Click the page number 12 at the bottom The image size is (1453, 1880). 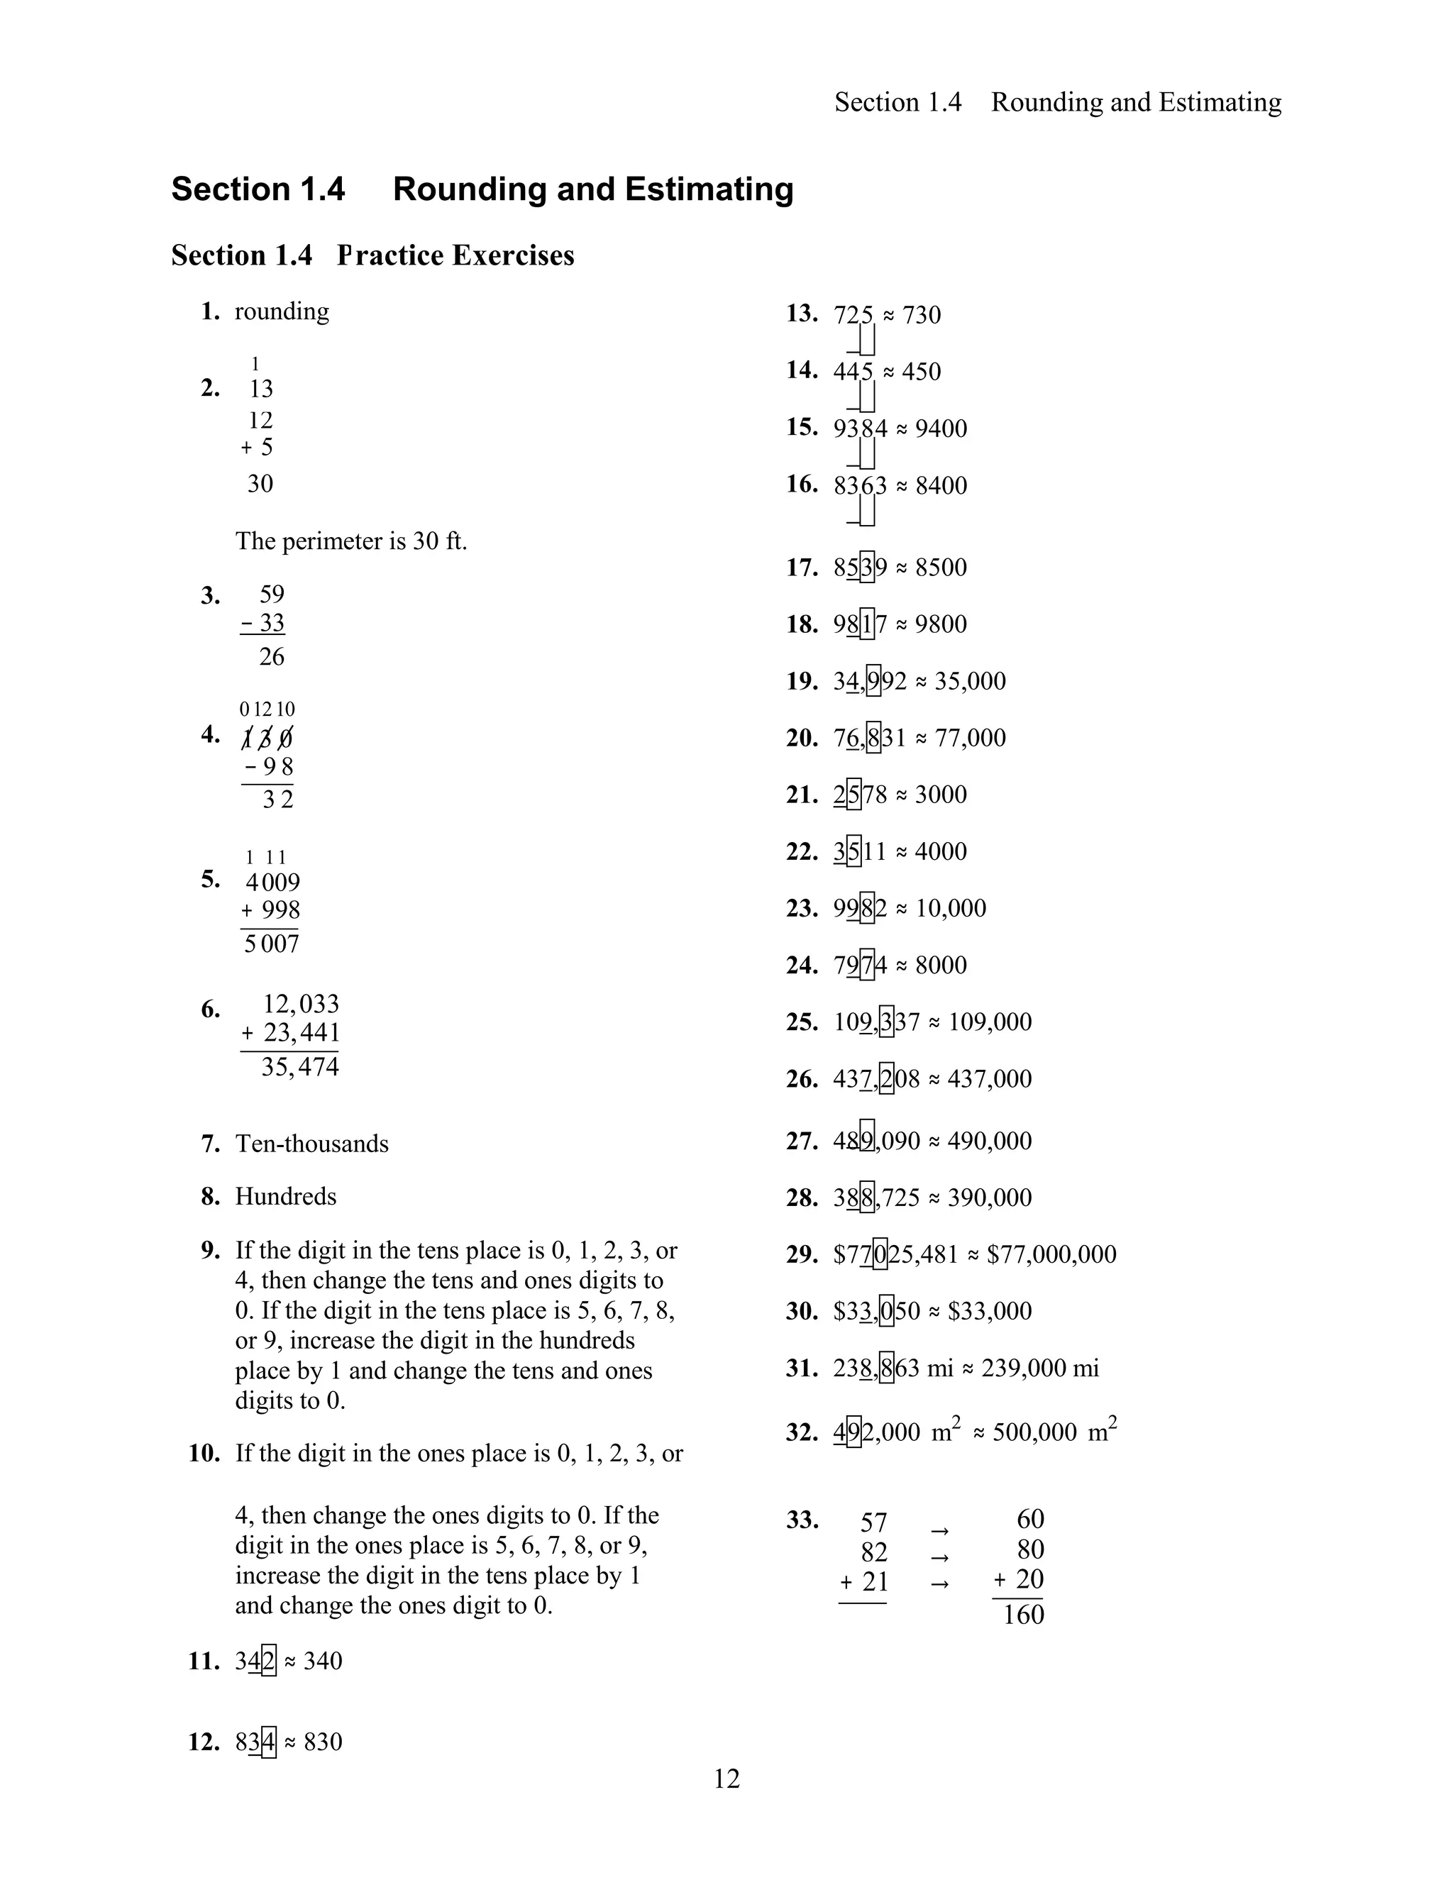[726, 1779]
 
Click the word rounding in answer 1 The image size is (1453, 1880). [282, 311]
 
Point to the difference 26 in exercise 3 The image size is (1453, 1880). [271, 657]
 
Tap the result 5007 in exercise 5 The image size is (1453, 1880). [271, 944]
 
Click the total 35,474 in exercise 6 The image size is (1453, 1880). [299, 1068]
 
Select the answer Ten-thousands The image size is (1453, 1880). [311, 1144]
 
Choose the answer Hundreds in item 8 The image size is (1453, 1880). [286, 1197]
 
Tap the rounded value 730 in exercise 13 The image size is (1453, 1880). [921, 315]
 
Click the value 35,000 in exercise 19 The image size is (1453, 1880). [969, 681]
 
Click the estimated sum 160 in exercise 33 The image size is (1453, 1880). [1024, 1614]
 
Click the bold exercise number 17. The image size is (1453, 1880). [802, 568]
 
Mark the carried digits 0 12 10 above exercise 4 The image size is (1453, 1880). [267, 709]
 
